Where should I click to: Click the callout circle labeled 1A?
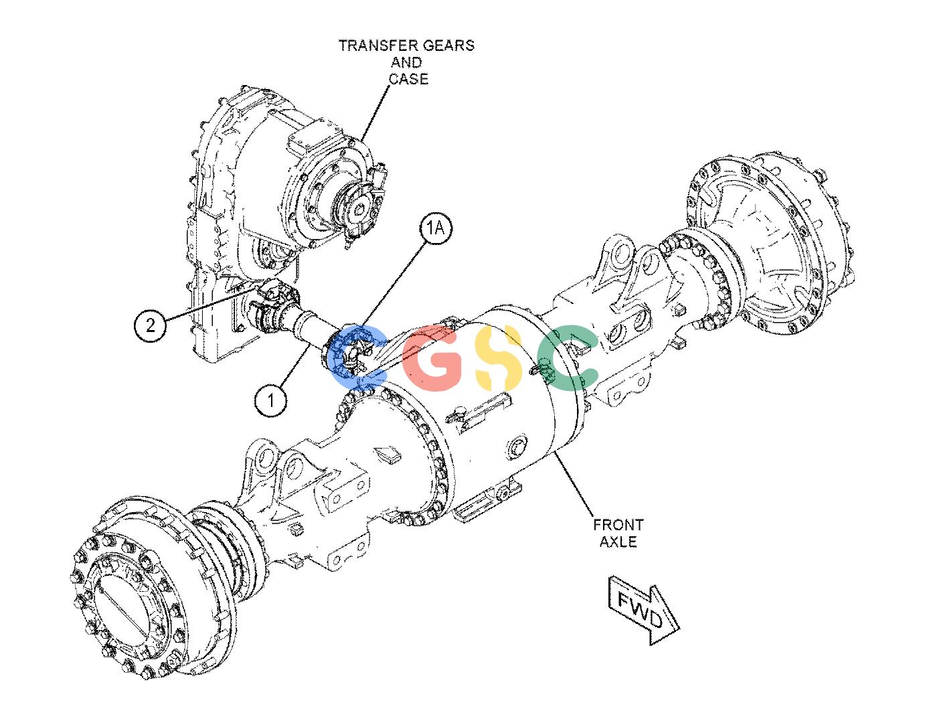tap(435, 230)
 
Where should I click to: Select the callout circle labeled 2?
tap(151, 325)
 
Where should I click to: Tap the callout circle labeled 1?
tap(270, 400)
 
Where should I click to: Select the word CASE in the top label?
tap(408, 79)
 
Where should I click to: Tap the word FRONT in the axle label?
tap(618, 525)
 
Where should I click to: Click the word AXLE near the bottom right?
tap(618, 542)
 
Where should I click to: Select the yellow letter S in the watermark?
tap(497, 357)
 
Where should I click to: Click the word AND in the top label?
tap(406, 62)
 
